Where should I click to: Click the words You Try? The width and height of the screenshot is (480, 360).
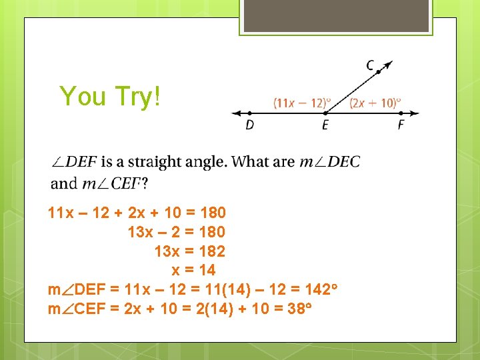pos(110,96)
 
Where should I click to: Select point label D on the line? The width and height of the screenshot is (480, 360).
pos(249,125)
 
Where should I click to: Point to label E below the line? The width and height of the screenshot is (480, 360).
pos(325,125)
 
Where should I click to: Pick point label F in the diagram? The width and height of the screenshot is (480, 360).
pos(401,125)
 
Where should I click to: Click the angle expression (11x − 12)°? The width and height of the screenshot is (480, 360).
pos(302,103)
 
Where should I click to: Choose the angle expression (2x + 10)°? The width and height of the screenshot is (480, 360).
pos(375,103)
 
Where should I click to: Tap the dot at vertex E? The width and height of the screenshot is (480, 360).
pos(325,113)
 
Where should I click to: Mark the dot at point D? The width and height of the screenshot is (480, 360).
pos(249,113)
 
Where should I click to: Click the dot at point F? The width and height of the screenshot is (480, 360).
pos(401,113)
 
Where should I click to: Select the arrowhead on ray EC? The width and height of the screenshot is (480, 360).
pos(389,64)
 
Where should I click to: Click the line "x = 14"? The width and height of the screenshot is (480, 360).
pos(193,271)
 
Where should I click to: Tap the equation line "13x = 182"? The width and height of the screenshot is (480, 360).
pos(189,251)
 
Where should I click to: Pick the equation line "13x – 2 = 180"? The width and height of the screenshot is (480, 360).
pos(176,232)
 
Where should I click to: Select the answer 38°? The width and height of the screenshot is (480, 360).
pos(299,309)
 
